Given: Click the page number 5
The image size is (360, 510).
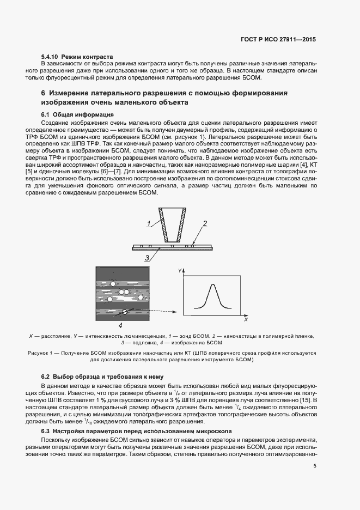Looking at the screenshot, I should point(315,465).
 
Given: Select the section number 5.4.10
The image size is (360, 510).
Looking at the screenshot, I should point(50,57).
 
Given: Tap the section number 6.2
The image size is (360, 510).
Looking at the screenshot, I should point(46,377).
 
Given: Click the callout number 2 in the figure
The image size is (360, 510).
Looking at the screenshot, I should point(205,223).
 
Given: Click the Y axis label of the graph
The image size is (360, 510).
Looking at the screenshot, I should point(179,270).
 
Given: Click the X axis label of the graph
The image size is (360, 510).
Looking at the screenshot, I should point(246,320).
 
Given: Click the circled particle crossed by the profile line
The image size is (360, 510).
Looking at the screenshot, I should point(124,312).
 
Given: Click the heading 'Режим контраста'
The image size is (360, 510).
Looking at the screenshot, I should point(87,57).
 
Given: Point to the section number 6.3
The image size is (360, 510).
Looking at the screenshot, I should point(46,431).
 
